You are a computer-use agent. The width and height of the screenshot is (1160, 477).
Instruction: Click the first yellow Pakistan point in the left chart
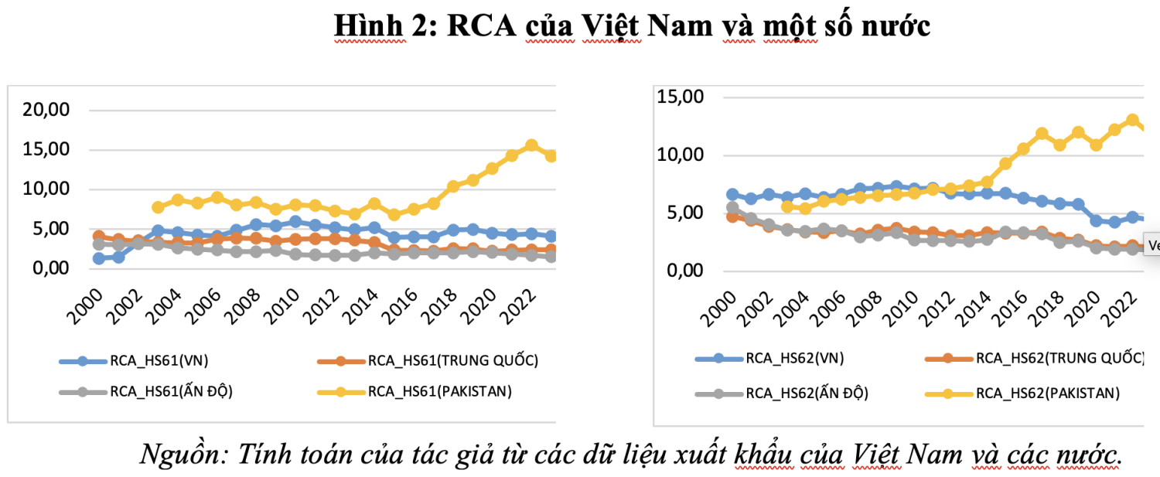point(159,207)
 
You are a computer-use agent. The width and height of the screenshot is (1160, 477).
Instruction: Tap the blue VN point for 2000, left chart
point(99,258)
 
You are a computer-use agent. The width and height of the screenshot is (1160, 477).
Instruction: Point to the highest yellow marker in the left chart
point(531,145)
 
